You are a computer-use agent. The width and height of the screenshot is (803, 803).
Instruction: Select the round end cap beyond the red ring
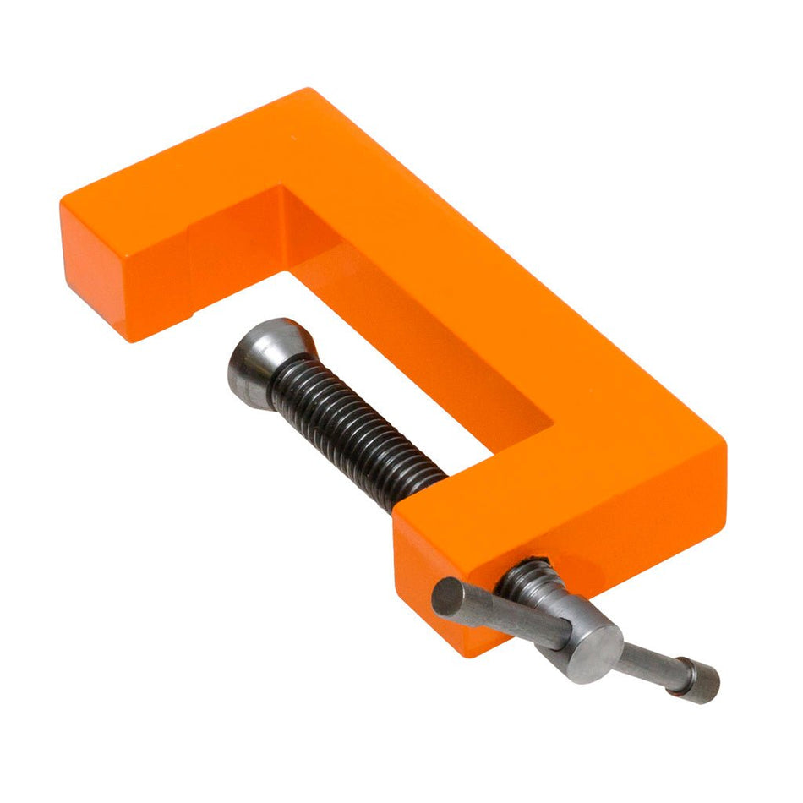(703, 680)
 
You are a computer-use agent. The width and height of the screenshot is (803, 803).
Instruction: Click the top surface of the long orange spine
(473, 254)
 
